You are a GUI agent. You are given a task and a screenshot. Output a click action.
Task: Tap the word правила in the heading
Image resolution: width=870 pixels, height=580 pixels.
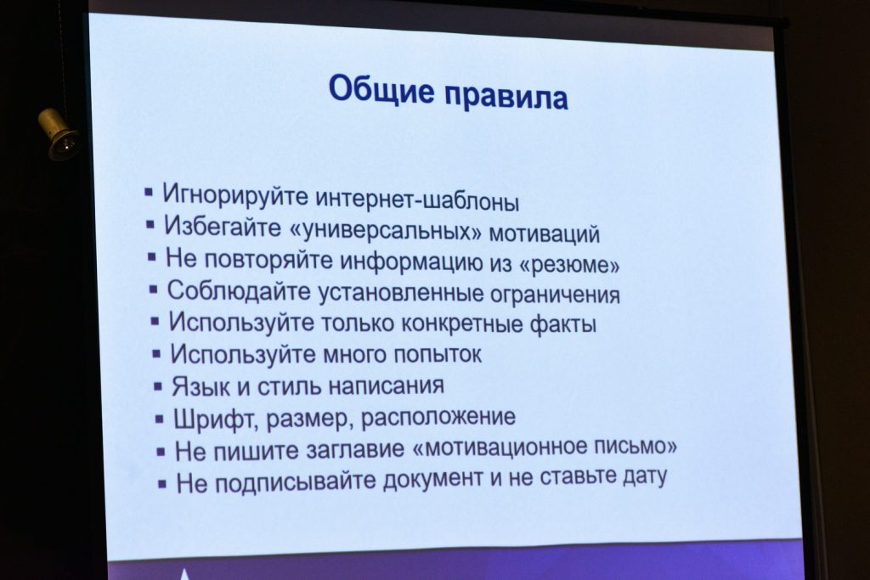click(506, 95)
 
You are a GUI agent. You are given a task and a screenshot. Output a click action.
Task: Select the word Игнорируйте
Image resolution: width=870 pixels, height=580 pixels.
click(235, 194)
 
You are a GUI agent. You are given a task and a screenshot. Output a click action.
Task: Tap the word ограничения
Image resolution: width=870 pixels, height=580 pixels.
click(555, 295)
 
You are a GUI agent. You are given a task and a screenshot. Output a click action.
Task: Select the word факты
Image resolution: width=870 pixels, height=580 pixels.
click(563, 324)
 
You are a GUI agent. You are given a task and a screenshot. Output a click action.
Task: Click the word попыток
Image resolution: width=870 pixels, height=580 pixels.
click(438, 354)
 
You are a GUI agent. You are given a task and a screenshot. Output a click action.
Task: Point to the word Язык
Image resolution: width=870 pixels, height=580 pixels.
click(201, 386)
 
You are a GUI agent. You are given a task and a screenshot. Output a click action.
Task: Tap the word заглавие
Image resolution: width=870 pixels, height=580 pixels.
click(356, 449)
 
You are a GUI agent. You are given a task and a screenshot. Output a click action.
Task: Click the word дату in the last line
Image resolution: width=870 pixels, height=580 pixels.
click(645, 476)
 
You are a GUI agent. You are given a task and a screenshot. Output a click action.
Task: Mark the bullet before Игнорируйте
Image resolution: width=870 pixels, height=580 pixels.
click(148, 193)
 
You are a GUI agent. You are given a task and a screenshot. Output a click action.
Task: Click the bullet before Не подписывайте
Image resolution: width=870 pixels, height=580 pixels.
click(162, 484)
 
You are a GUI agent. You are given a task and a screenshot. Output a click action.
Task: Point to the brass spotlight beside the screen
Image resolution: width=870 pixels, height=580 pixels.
click(59, 134)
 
